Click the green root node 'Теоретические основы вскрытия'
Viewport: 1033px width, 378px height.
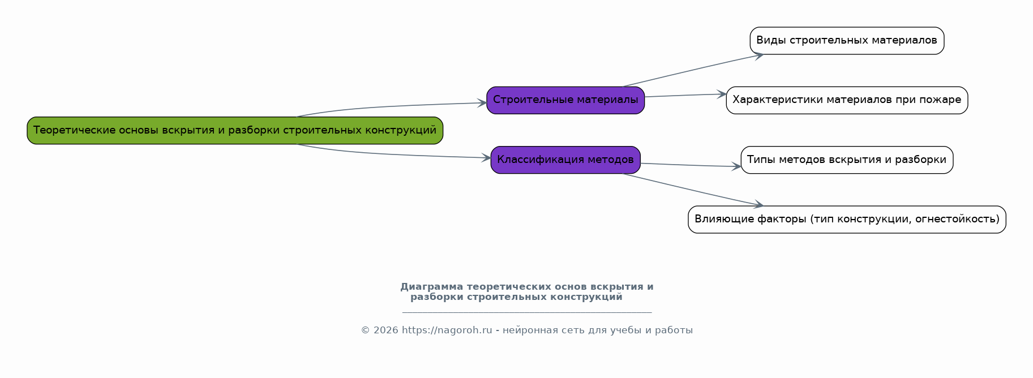point(235,131)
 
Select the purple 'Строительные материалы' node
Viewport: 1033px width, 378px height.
point(565,100)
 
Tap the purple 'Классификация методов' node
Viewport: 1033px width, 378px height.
point(565,160)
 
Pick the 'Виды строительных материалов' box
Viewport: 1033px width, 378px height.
point(847,41)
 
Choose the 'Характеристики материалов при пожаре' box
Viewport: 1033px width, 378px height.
point(847,100)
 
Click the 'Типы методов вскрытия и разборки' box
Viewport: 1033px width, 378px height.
point(847,160)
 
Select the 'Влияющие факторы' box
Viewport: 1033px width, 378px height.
point(847,220)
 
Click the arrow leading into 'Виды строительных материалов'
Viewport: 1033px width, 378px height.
point(693,71)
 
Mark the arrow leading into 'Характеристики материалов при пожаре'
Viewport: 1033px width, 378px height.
point(685,96)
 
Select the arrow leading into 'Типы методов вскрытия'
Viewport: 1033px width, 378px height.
point(691,165)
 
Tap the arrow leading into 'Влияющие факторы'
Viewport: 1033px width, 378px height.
point(693,190)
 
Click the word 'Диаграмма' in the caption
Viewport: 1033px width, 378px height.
point(431,287)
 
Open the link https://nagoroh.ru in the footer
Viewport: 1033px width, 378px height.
point(447,330)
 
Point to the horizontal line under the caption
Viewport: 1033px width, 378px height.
point(527,312)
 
